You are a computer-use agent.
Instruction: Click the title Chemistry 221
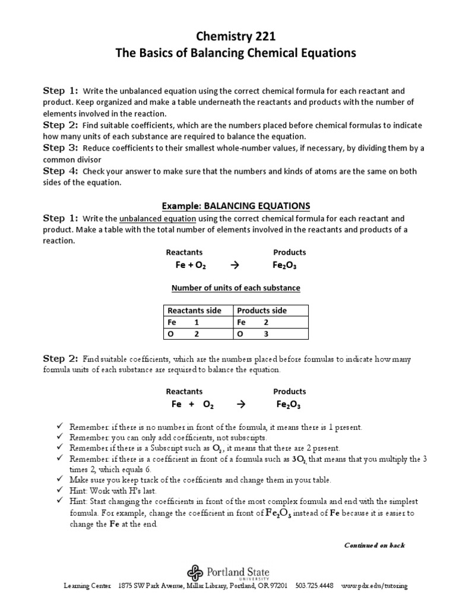tap(236, 36)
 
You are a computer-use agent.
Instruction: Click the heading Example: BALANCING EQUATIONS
tap(236, 206)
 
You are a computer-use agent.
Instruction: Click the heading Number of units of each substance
tap(236, 288)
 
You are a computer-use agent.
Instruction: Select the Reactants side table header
tap(194, 311)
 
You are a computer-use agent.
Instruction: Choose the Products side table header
tap(262, 311)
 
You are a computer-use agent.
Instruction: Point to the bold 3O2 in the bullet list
tap(300, 459)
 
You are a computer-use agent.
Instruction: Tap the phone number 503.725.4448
tap(314, 586)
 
